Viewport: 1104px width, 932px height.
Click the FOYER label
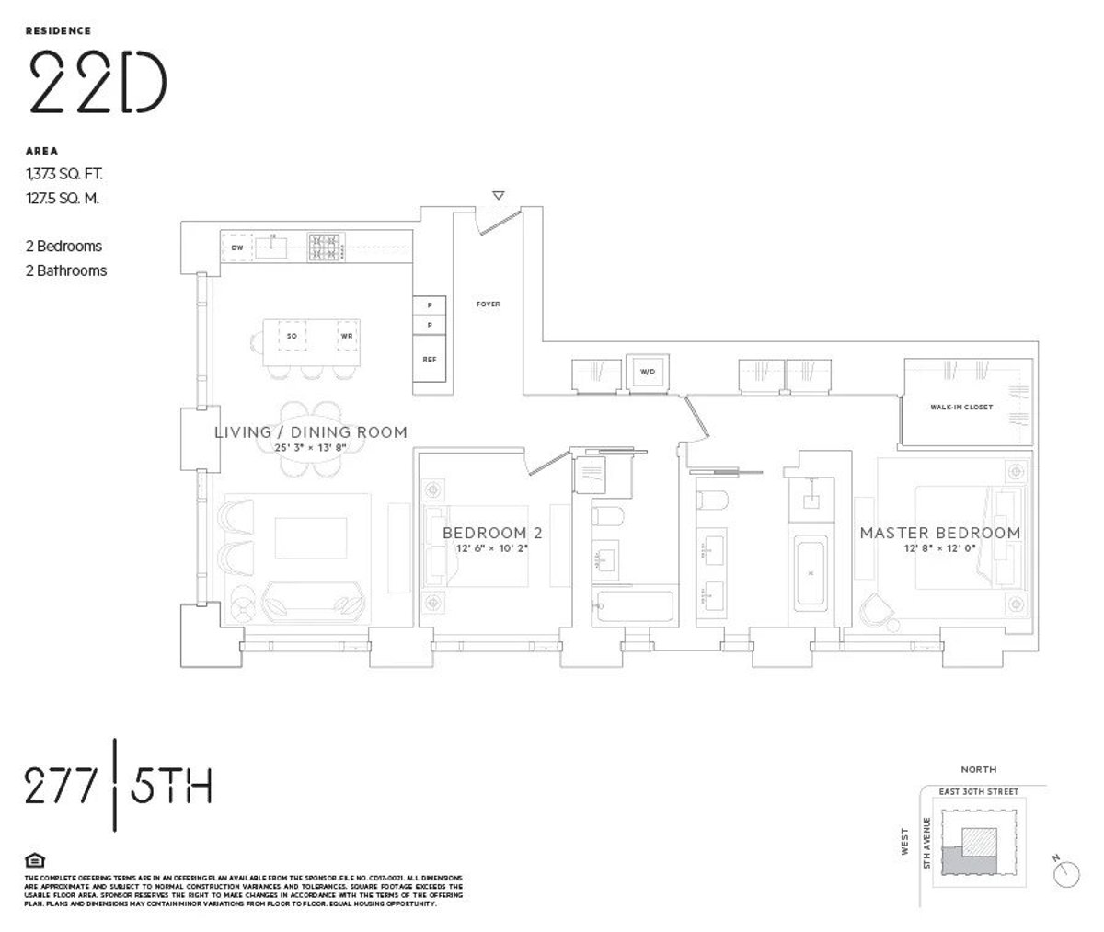point(488,304)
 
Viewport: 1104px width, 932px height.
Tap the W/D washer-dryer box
point(648,372)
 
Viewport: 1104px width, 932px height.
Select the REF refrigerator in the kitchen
point(429,359)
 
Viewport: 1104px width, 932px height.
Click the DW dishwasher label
point(236,247)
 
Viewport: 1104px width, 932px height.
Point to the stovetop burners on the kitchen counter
point(325,247)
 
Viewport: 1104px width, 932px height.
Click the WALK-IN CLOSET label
point(960,407)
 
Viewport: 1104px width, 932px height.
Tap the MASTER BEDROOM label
point(939,533)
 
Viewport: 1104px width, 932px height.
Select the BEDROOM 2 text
point(485,533)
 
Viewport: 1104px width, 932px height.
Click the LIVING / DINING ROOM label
point(310,432)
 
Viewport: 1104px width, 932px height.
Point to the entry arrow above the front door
point(498,196)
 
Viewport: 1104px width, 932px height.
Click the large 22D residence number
point(98,81)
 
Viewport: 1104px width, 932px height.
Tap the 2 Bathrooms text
point(66,270)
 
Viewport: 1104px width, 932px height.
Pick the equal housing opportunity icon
point(34,860)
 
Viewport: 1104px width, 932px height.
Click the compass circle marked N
point(1066,869)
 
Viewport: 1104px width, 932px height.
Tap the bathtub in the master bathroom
point(811,573)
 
